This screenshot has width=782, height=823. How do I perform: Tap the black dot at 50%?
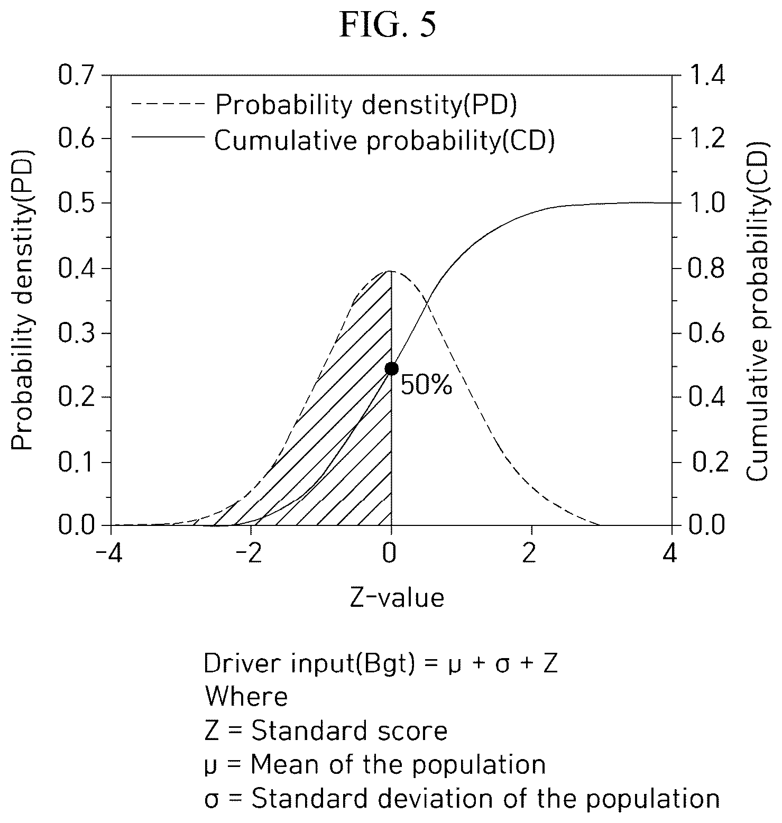(x=391, y=368)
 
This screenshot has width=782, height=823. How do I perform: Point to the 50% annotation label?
(x=426, y=385)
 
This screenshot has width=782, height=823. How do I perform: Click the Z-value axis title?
(x=397, y=598)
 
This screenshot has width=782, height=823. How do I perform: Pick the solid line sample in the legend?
(x=168, y=137)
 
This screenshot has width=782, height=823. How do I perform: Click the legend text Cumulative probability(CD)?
(x=384, y=141)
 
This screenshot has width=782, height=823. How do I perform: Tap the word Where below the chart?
(x=246, y=697)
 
